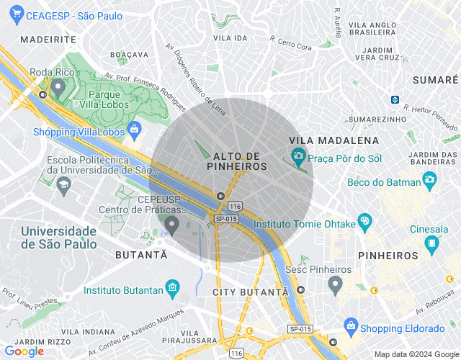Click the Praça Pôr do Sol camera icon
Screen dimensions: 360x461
pyautogui.click(x=297, y=155)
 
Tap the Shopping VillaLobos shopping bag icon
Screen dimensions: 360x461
pyautogui.click(x=133, y=130)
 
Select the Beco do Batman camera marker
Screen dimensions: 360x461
pyautogui.click(x=430, y=179)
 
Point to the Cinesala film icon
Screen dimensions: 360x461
pyautogui.click(x=431, y=245)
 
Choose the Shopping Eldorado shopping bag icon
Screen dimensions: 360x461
pyautogui.click(x=351, y=325)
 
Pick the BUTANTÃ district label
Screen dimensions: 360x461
pyautogui.click(x=141, y=255)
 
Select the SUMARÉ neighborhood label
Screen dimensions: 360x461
pyautogui.click(x=437, y=80)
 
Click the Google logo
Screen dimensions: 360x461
pyautogui.click(x=24, y=351)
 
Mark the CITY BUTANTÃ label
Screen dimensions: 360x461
pyautogui.click(x=251, y=292)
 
